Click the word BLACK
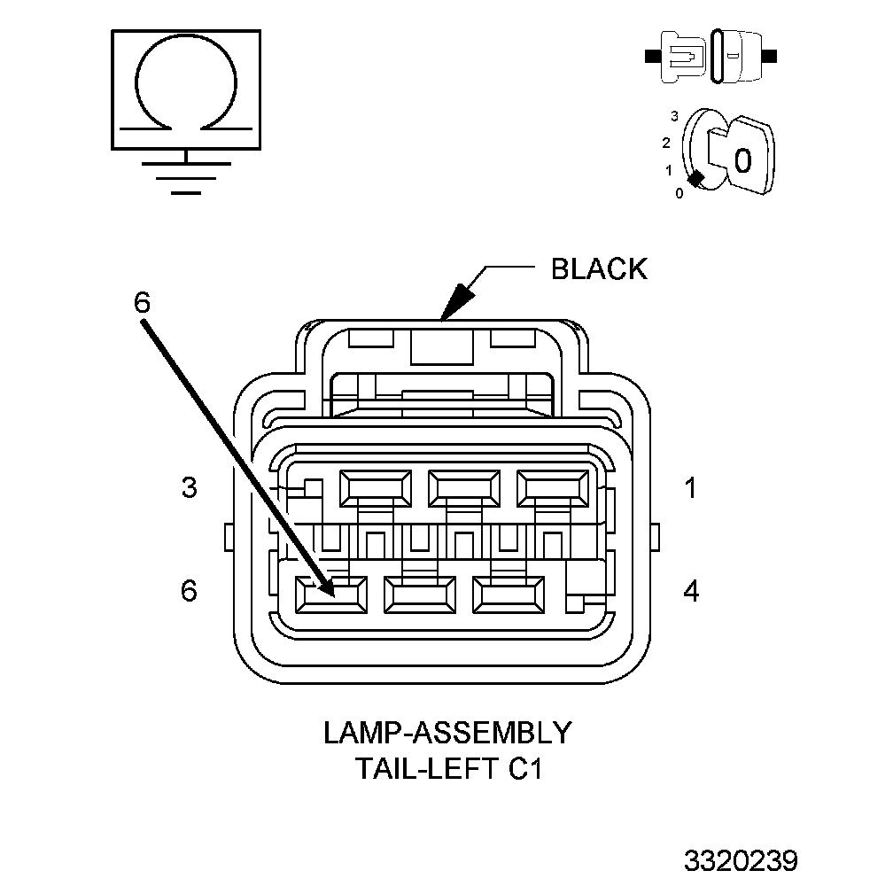coord(599,268)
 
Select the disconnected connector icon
coord(711,57)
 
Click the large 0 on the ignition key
coord(743,160)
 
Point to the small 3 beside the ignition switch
coord(674,116)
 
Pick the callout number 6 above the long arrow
coord(142,302)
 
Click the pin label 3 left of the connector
coord(189,488)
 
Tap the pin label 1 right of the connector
coord(691,488)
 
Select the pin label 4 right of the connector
coord(691,591)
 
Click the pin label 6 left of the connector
coord(189,590)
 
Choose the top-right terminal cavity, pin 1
coord(553,488)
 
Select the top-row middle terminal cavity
coord(464,488)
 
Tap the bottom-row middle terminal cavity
coord(420,595)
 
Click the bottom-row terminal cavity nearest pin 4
coord(509,595)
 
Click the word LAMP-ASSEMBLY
coord(447,733)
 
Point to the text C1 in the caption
coord(524,768)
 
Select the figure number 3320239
coord(741,861)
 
